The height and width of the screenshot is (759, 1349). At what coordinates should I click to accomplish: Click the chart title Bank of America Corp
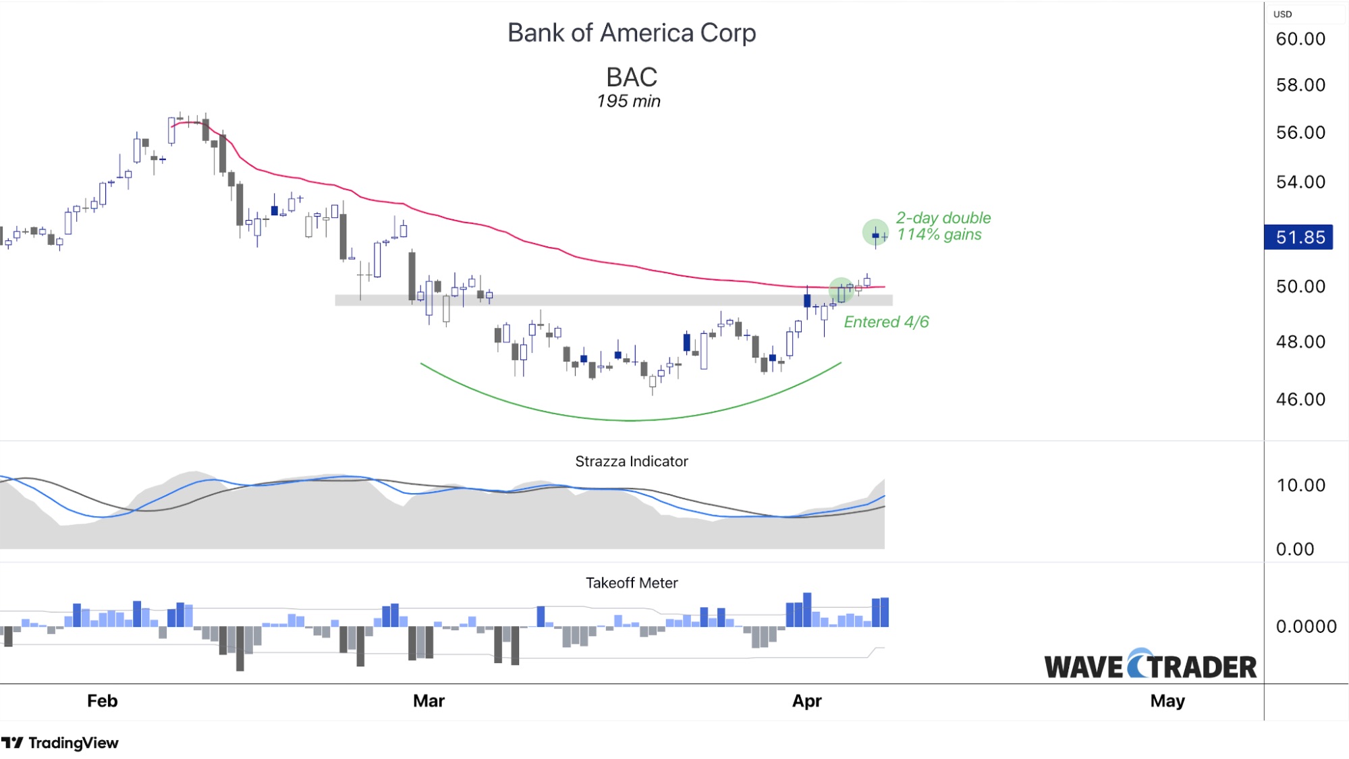click(x=632, y=33)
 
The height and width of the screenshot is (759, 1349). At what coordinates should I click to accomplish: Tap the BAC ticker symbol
click(x=632, y=77)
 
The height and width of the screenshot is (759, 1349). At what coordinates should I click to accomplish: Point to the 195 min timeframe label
click(x=628, y=101)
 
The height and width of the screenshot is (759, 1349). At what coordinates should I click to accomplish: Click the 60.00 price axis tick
click(x=1300, y=39)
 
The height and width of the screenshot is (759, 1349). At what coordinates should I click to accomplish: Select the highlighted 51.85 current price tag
click(x=1299, y=237)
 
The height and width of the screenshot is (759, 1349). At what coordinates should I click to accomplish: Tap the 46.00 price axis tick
click(x=1300, y=399)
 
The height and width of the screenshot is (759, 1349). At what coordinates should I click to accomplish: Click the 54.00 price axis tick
click(x=1300, y=182)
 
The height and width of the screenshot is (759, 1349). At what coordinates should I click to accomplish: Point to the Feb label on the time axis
click(x=103, y=701)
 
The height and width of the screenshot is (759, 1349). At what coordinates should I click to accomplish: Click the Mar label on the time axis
click(x=429, y=701)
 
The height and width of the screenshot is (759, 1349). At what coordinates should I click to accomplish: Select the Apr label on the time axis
click(x=806, y=701)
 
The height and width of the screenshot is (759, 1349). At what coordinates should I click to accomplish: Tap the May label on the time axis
click(x=1167, y=701)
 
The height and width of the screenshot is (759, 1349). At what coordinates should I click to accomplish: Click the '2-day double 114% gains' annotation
click(x=943, y=226)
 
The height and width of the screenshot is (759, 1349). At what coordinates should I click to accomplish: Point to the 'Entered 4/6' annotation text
click(x=886, y=322)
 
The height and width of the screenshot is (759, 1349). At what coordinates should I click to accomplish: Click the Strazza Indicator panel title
click(x=632, y=461)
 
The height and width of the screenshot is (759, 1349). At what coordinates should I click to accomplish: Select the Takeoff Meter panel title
click(x=632, y=583)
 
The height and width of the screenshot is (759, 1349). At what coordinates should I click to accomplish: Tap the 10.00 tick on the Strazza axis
click(x=1300, y=486)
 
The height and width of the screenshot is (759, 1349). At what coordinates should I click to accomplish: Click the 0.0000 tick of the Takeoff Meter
click(x=1306, y=627)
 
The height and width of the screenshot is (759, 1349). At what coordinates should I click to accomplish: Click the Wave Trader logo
click(x=1150, y=666)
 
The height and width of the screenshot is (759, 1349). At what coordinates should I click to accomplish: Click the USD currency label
click(x=1282, y=14)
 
